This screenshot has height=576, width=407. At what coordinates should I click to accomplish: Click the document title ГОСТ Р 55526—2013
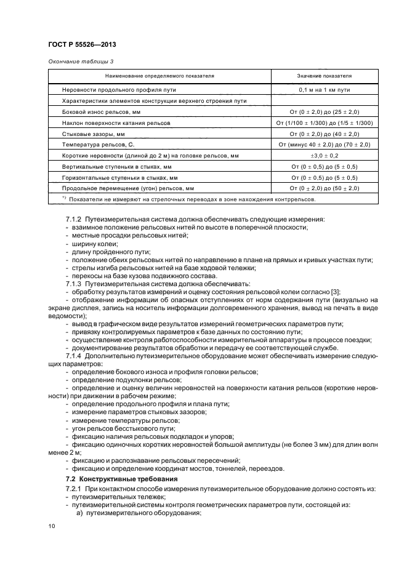pos(82,46)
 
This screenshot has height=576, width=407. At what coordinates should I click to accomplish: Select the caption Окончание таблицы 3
pos(81,60)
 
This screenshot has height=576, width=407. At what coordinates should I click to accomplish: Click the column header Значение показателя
pos(324,76)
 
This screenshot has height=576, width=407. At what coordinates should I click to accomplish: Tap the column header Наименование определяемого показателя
pos(159,76)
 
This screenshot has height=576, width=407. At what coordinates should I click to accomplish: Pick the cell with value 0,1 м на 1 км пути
pos(324,90)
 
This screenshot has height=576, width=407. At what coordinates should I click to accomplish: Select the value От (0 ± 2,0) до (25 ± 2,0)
pos(324,112)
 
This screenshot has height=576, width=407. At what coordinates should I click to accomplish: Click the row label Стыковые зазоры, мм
pos(94,134)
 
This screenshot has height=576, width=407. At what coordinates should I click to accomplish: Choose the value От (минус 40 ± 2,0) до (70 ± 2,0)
pos(324,144)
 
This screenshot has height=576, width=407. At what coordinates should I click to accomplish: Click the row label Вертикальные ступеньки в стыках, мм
pos(117,166)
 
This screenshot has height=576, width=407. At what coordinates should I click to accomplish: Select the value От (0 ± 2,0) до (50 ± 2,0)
pos(324,188)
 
